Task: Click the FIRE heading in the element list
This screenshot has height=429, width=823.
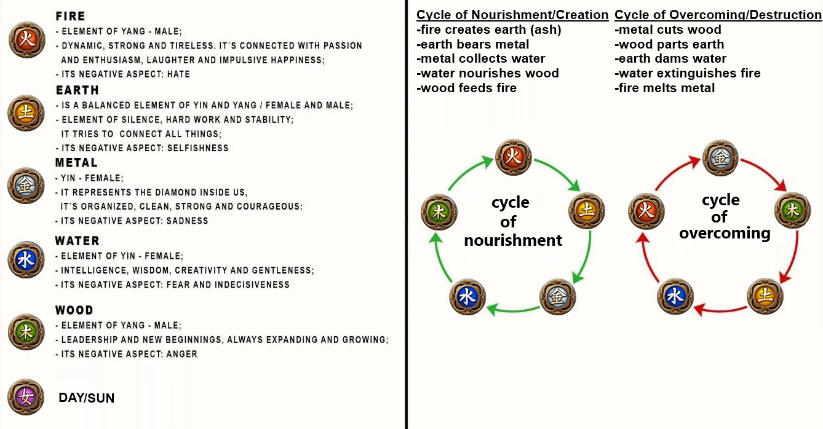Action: (x=70, y=17)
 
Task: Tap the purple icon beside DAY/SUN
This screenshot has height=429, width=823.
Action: (x=26, y=397)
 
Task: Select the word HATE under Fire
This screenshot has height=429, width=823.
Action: (x=178, y=74)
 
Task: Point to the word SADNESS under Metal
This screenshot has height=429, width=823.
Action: (x=188, y=221)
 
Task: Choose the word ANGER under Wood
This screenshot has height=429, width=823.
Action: (x=182, y=354)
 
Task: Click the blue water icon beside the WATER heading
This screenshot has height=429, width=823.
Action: (x=26, y=259)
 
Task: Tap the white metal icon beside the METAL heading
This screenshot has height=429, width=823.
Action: (x=26, y=186)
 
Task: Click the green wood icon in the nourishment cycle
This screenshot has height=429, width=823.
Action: (x=439, y=213)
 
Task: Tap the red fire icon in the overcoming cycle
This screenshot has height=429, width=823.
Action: (x=646, y=213)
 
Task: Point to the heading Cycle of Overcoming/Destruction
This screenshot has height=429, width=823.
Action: (x=718, y=15)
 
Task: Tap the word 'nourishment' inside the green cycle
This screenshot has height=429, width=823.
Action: (x=513, y=240)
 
